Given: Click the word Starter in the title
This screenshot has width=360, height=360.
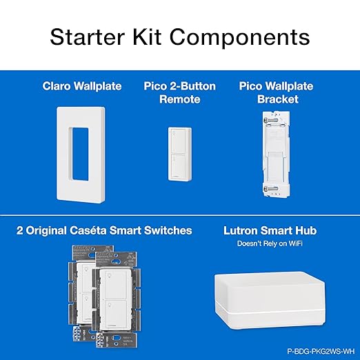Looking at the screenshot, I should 102,35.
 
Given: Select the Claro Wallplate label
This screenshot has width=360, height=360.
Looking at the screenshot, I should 81,86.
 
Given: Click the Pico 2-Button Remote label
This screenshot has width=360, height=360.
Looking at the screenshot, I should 179,92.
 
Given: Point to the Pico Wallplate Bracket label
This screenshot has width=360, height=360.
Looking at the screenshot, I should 276,92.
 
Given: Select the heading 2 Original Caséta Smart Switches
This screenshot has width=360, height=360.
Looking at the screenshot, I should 105,230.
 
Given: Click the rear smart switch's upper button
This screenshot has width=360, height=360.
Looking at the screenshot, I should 86,274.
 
